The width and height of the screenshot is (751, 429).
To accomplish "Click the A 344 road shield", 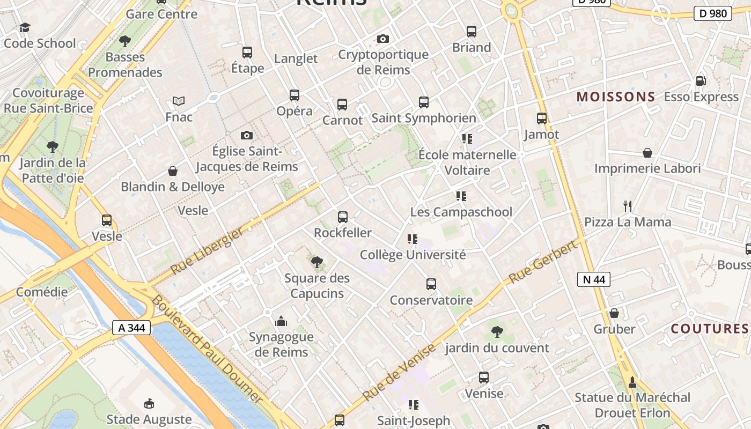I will [131, 328].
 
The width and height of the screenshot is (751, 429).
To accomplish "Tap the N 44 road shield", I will [594, 279].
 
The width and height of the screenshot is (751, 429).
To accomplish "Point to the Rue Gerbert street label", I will [543, 262].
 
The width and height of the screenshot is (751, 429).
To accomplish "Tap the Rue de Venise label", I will [399, 372].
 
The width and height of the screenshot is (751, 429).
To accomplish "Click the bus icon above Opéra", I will [294, 95].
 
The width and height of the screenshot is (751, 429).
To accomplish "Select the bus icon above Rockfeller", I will [343, 217].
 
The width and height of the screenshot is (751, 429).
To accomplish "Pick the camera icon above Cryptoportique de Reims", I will [382, 39].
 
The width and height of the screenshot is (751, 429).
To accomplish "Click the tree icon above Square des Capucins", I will [317, 262].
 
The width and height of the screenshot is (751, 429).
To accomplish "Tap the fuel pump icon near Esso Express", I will [701, 81].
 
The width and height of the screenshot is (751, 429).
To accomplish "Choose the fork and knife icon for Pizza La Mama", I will [627, 206].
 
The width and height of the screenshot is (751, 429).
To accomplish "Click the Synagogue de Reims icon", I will [281, 322].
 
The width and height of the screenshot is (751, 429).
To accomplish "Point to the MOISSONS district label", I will [616, 97].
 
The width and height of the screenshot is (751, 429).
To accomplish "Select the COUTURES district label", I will [709, 329].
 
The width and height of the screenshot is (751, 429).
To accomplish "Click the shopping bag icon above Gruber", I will [614, 313].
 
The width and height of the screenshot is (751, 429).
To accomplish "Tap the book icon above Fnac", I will [179, 101].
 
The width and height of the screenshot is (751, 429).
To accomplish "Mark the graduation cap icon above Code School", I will [25, 27].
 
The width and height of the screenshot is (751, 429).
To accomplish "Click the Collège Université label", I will [413, 255].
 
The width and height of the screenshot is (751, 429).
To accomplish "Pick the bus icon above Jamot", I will [542, 119].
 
